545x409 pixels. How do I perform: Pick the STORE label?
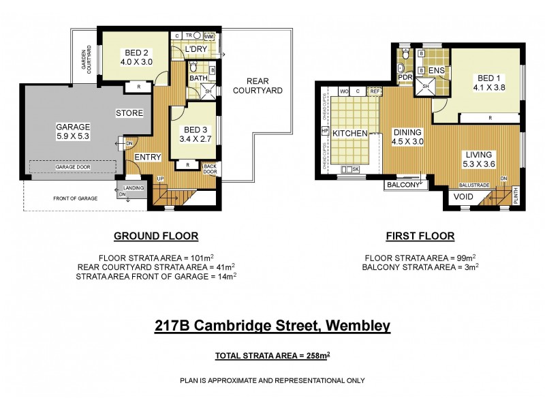(129, 112)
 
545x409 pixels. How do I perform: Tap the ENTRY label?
(147, 157)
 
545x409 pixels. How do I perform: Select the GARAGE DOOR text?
(75, 167)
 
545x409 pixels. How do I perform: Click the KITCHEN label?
(350, 133)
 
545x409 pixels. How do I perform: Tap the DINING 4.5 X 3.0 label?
(407, 137)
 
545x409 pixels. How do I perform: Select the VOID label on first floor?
(463, 198)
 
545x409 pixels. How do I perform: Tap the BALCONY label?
(402, 185)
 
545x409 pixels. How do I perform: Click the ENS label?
(437, 70)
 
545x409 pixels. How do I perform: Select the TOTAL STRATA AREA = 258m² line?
(272, 356)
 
